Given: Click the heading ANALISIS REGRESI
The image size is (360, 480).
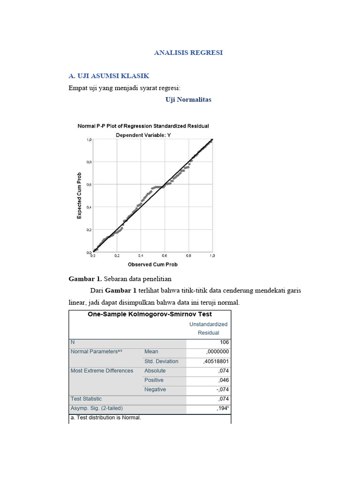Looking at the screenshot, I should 188,52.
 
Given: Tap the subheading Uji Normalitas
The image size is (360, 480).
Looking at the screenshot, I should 188,99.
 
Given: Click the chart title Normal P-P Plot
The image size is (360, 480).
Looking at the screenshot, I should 143,126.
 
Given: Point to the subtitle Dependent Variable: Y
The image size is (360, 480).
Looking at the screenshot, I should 143,135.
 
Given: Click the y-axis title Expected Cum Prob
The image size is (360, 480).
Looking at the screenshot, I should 79,195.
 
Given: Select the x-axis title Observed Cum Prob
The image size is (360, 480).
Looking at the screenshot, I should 152,264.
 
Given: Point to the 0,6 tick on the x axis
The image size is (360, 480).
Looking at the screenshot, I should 165,256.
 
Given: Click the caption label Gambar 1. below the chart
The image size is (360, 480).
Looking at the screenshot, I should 85,279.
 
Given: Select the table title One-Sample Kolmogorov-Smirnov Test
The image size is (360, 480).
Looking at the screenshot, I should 150,315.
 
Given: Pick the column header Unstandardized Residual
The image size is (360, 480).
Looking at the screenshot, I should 208,328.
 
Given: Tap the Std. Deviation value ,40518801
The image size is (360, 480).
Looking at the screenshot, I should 216,361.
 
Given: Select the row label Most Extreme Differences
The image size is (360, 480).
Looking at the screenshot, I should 102,371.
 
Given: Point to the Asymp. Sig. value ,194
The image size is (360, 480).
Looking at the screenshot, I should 222,408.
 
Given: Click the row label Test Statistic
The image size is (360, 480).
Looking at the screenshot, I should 86,399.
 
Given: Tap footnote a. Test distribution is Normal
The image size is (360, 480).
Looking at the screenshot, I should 105,417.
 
